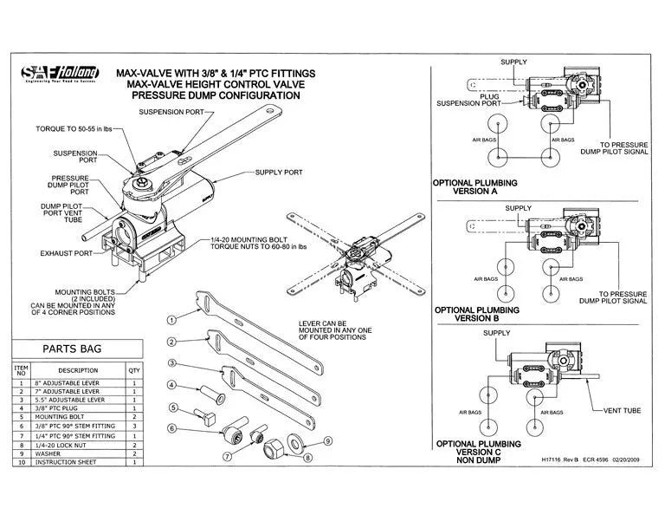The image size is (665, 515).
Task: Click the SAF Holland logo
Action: [56, 75]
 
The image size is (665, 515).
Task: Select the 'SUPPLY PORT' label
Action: [279, 173]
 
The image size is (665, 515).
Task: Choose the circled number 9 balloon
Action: [327, 440]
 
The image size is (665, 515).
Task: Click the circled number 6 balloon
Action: [172, 428]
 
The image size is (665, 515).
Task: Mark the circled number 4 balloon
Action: [172, 385]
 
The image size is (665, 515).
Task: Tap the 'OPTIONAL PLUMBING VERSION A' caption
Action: [475, 188]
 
